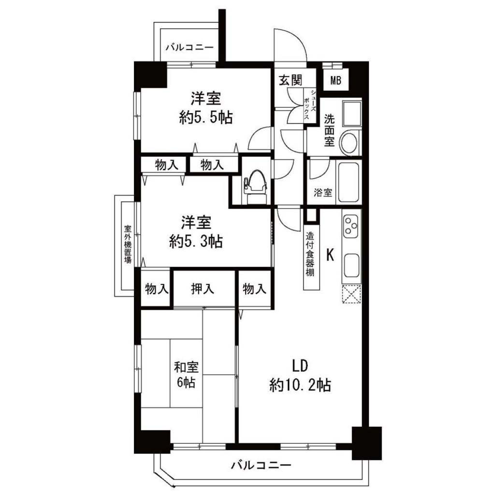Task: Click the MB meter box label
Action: tap(335, 81)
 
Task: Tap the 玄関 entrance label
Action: tap(291, 80)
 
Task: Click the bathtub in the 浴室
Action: tap(349, 182)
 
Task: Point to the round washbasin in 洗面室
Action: tap(349, 141)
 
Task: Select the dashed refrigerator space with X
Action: tap(351, 294)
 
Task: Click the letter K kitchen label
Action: tap(330, 254)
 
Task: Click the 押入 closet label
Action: tap(203, 289)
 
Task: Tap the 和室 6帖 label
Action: tap(186, 375)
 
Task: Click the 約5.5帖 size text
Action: tap(206, 118)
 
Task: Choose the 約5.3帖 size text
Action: tap(196, 242)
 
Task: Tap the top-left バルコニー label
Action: tap(189, 48)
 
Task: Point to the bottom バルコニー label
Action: tap(261, 466)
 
